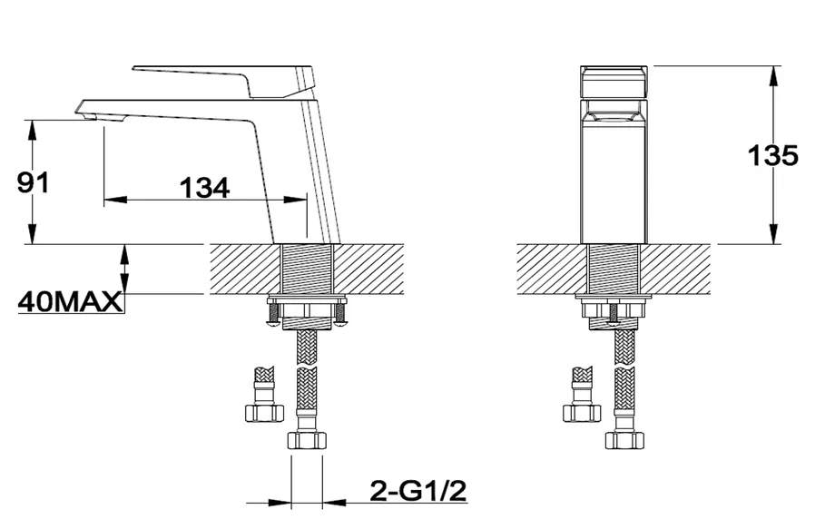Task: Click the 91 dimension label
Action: pyautogui.click(x=33, y=182)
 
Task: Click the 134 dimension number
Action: pyautogui.click(x=204, y=187)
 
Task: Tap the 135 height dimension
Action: pyautogui.click(x=773, y=155)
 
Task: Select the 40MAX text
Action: pyautogui.click(x=70, y=302)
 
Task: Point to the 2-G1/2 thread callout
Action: pyautogui.click(x=418, y=491)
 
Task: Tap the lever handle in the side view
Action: pyautogui.click(x=222, y=81)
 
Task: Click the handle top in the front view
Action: pyautogui.click(x=614, y=82)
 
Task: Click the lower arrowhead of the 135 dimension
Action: pyautogui.click(x=773, y=233)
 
